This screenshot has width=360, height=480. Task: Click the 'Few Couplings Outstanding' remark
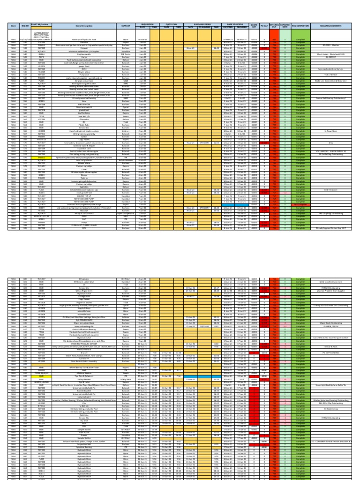[x=333, y=213]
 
